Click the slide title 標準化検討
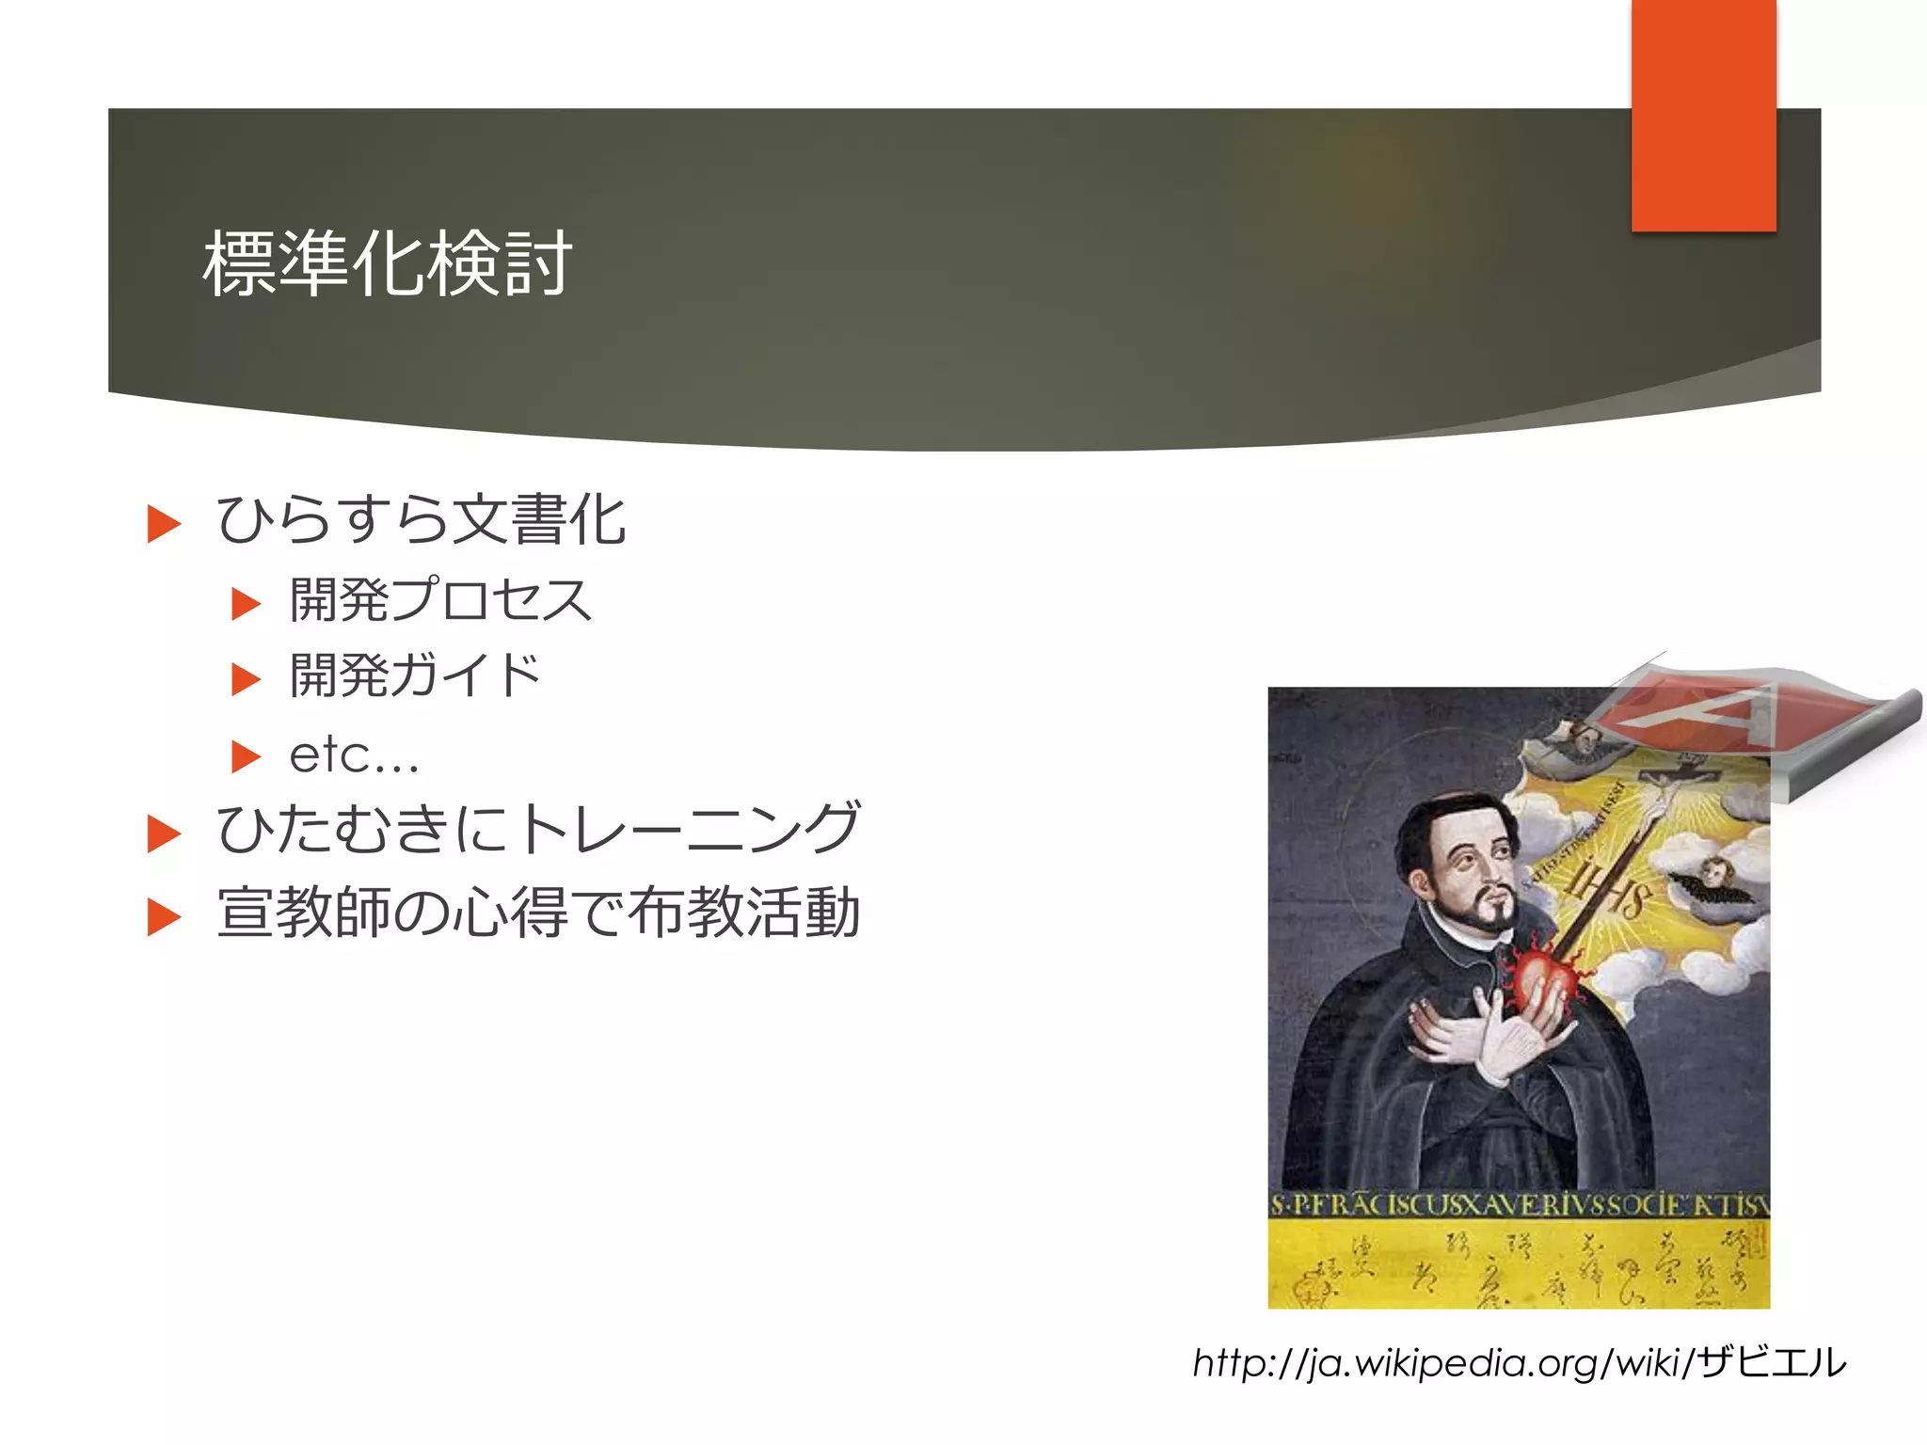click(387, 264)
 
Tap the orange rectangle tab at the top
click(1703, 115)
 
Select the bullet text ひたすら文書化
click(421, 520)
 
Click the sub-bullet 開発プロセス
click(440, 600)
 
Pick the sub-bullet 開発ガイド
click(415, 676)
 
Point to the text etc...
click(354, 755)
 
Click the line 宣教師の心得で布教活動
click(538, 913)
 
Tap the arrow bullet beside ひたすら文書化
click(164, 524)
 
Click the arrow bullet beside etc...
click(246, 756)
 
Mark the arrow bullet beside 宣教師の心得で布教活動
click(164, 917)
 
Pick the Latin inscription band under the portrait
click(1519, 1205)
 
